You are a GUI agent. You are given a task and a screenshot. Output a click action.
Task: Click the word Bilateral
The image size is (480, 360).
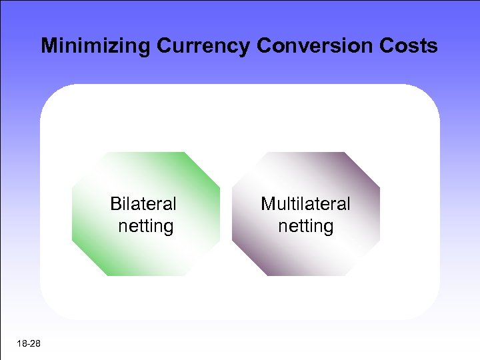143,203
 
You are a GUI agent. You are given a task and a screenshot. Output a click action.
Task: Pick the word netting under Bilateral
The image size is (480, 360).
146,226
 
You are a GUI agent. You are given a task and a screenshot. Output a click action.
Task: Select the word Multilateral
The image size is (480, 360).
305,203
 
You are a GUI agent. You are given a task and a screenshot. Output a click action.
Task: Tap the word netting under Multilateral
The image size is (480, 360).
305,226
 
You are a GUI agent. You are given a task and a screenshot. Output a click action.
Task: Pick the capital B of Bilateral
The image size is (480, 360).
115,203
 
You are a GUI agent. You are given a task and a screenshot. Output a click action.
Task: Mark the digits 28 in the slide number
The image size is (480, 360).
35,343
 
